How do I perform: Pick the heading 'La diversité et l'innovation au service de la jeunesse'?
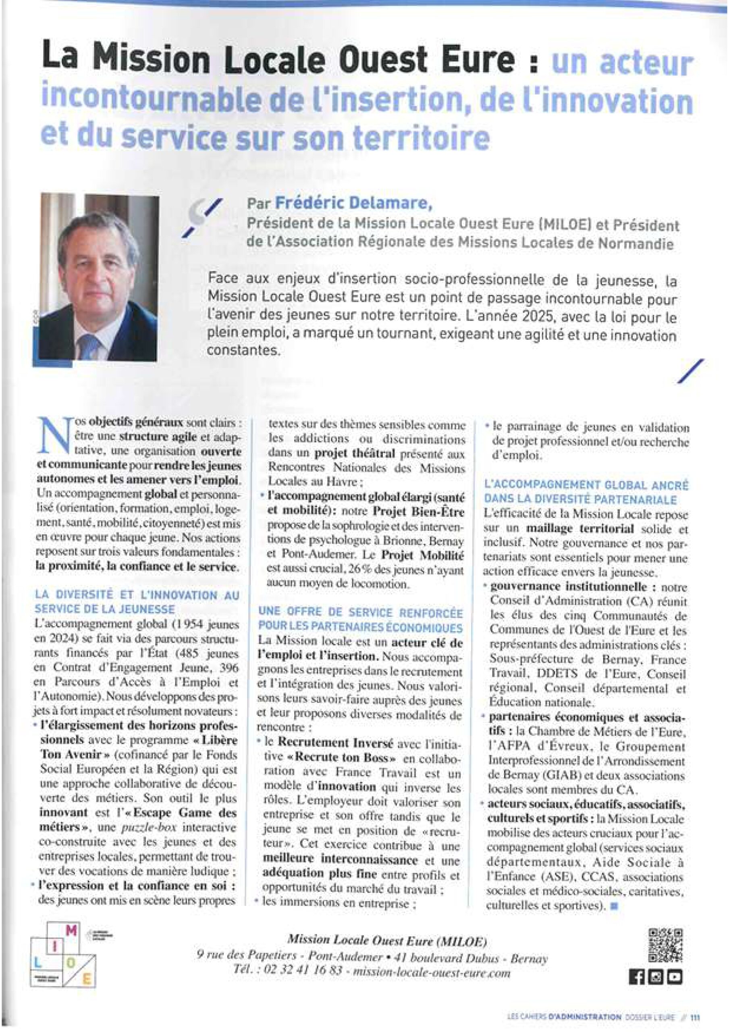tap(137, 602)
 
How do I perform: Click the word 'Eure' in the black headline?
tap(481, 60)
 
